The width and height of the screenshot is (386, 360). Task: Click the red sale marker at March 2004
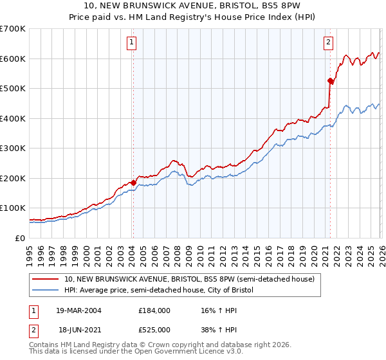(133, 183)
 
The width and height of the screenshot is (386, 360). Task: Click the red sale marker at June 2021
(330, 81)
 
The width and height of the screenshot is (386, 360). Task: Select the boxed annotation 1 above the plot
(131, 43)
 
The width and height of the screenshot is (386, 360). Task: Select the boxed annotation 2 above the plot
(328, 43)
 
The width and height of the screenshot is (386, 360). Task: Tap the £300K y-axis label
(13, 148)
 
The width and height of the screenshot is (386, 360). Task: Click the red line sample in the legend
(46, 280)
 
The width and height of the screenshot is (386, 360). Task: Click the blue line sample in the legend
(46, 291)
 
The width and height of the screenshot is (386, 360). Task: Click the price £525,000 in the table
(154, 328)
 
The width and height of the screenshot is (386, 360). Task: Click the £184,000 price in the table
(154, 310)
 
